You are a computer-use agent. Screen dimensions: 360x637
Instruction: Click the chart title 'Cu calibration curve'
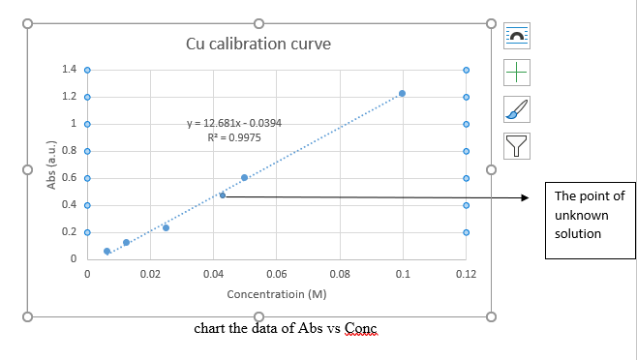click(258, 45)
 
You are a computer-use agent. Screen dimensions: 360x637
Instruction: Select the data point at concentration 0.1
click(402, 94)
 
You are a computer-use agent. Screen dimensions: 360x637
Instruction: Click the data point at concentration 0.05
click(244, 177)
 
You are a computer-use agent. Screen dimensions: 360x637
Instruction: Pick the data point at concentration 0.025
click(166, 227)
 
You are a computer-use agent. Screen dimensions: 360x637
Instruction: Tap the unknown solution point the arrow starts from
click(223, 195)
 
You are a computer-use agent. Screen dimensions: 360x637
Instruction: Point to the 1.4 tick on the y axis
click(69, 70)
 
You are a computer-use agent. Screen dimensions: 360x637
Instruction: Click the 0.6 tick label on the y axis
click(69, 178)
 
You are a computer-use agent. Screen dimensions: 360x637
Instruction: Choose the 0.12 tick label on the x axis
click(466, 276)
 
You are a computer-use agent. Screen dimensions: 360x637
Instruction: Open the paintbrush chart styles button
click(518, 109)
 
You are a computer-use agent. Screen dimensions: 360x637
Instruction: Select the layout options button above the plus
click(518, 37)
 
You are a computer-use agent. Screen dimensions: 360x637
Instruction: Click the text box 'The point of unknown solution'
click(589, 215)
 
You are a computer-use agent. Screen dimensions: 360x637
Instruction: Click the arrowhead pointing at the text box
click(526, 197)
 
